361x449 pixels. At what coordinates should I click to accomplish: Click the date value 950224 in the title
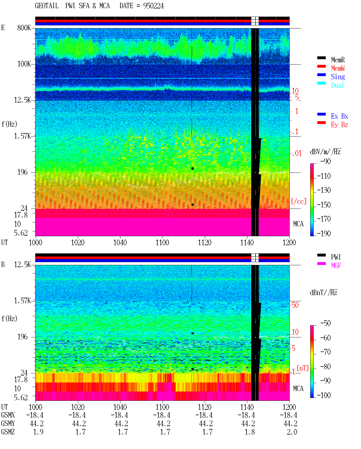153,6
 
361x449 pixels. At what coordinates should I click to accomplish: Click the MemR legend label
338,60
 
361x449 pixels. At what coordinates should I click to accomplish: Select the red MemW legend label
338,68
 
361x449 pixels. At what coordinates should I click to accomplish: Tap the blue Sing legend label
338,77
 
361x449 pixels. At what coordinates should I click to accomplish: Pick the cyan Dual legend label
338,85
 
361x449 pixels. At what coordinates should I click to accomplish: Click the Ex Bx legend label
340,116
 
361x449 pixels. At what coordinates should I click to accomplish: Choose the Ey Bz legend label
340,125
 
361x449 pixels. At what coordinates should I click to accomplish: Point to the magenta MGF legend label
336,266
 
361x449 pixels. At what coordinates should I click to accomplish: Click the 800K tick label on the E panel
24,28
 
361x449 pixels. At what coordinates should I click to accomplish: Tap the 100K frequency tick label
24,64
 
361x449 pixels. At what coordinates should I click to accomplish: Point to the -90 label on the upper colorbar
325,161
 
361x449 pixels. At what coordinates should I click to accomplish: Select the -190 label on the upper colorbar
324,233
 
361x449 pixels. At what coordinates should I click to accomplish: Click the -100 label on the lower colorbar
324,395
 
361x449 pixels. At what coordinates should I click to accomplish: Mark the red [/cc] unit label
299,201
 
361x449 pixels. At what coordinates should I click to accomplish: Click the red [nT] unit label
303,368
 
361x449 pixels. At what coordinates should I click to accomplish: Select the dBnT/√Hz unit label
324,293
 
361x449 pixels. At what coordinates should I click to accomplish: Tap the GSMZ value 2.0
292,432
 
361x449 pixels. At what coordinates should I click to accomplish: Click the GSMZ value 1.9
38,432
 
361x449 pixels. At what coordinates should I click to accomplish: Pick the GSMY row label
8,423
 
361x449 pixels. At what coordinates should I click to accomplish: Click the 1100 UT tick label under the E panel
162,242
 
